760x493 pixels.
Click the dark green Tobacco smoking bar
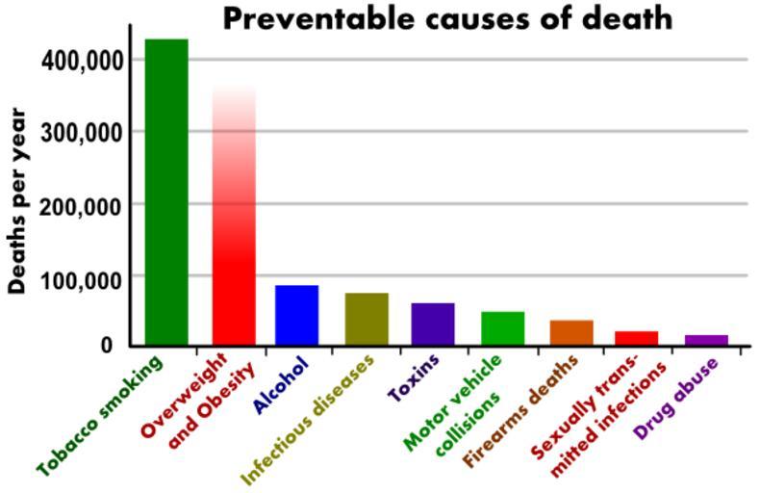166,193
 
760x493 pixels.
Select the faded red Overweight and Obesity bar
233,241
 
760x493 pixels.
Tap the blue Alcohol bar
296,315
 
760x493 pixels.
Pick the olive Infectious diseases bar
367,319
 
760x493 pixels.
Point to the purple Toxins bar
433,324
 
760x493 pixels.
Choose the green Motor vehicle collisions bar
502,328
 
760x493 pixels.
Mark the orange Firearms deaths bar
571,332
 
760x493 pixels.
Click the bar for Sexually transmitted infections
636,338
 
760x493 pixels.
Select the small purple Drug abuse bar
706,340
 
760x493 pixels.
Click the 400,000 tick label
84,60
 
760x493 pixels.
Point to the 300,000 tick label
84,132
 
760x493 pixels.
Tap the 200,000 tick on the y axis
84,205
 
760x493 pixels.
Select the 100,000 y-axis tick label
84,278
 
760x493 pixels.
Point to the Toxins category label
415,378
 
